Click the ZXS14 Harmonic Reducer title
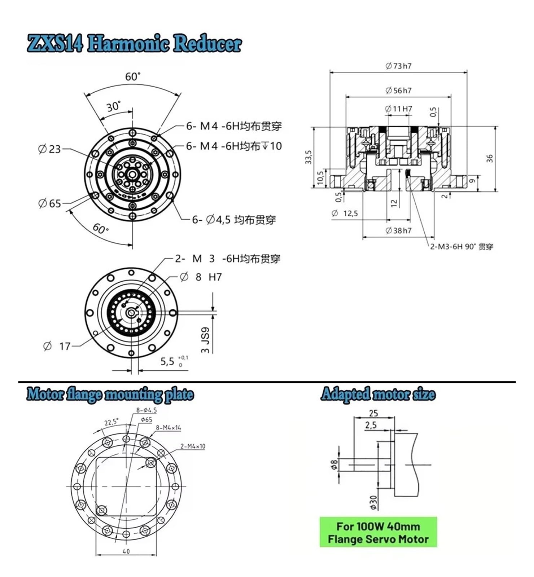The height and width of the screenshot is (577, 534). click(134, 44)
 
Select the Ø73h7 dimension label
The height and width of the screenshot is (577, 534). click(398, 66)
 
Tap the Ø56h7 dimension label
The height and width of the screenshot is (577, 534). click(398, 91)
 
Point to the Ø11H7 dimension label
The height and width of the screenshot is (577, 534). click(398, 109)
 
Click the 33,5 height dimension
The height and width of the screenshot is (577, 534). click(308, 157)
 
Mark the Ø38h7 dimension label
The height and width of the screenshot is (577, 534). click(398, 230)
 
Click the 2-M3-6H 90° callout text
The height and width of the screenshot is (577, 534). click(461, 247)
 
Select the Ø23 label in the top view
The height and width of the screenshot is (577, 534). click(49, 149)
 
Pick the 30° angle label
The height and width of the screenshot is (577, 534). click(113, 106)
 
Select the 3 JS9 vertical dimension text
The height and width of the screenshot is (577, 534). click(205, 340)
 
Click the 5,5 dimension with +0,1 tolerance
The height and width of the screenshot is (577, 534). click(174, 361)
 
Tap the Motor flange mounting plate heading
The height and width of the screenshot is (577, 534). click(110, 395)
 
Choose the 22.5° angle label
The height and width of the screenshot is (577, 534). click(111, 422)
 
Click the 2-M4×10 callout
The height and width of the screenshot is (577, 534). click(193, 446)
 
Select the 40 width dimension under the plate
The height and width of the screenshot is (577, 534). click(126, 551)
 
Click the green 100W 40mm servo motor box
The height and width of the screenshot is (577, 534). click(378, 532)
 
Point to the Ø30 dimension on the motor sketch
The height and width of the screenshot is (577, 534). click(373, 502)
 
